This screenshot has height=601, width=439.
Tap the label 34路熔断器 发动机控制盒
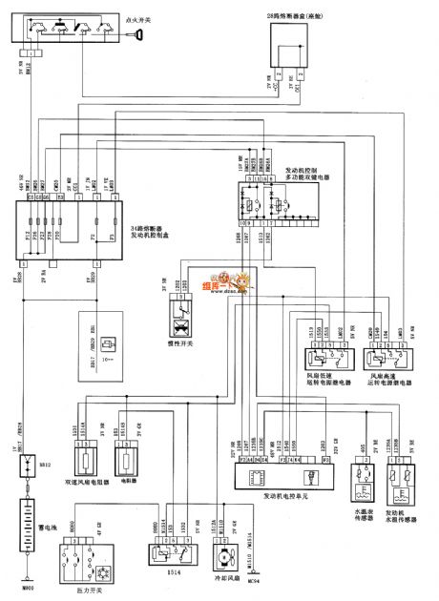[x=126, y=232]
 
